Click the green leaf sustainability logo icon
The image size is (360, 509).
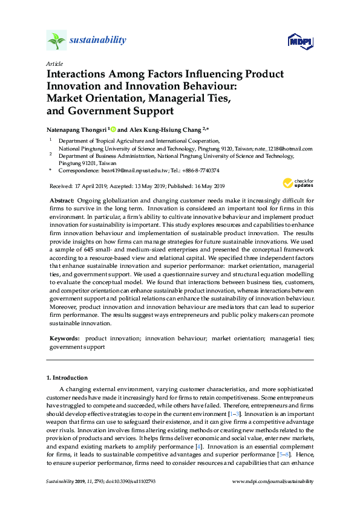pos(56,40)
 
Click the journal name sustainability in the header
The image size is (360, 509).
pos(98,41)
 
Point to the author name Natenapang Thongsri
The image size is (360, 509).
pos(76,129)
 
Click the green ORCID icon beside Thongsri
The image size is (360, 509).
pos(113,129)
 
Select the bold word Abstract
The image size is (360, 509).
pos(61,200)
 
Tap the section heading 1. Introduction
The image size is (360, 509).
pos(67,378)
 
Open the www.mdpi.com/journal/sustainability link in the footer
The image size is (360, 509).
pos(273,482)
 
